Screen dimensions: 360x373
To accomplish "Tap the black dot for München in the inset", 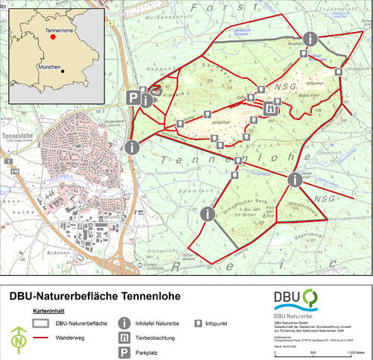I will (x=63, y=72).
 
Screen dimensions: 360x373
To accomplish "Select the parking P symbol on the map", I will (x=134, y=98).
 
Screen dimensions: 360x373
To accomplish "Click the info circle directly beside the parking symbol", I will (x=147, y=101).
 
